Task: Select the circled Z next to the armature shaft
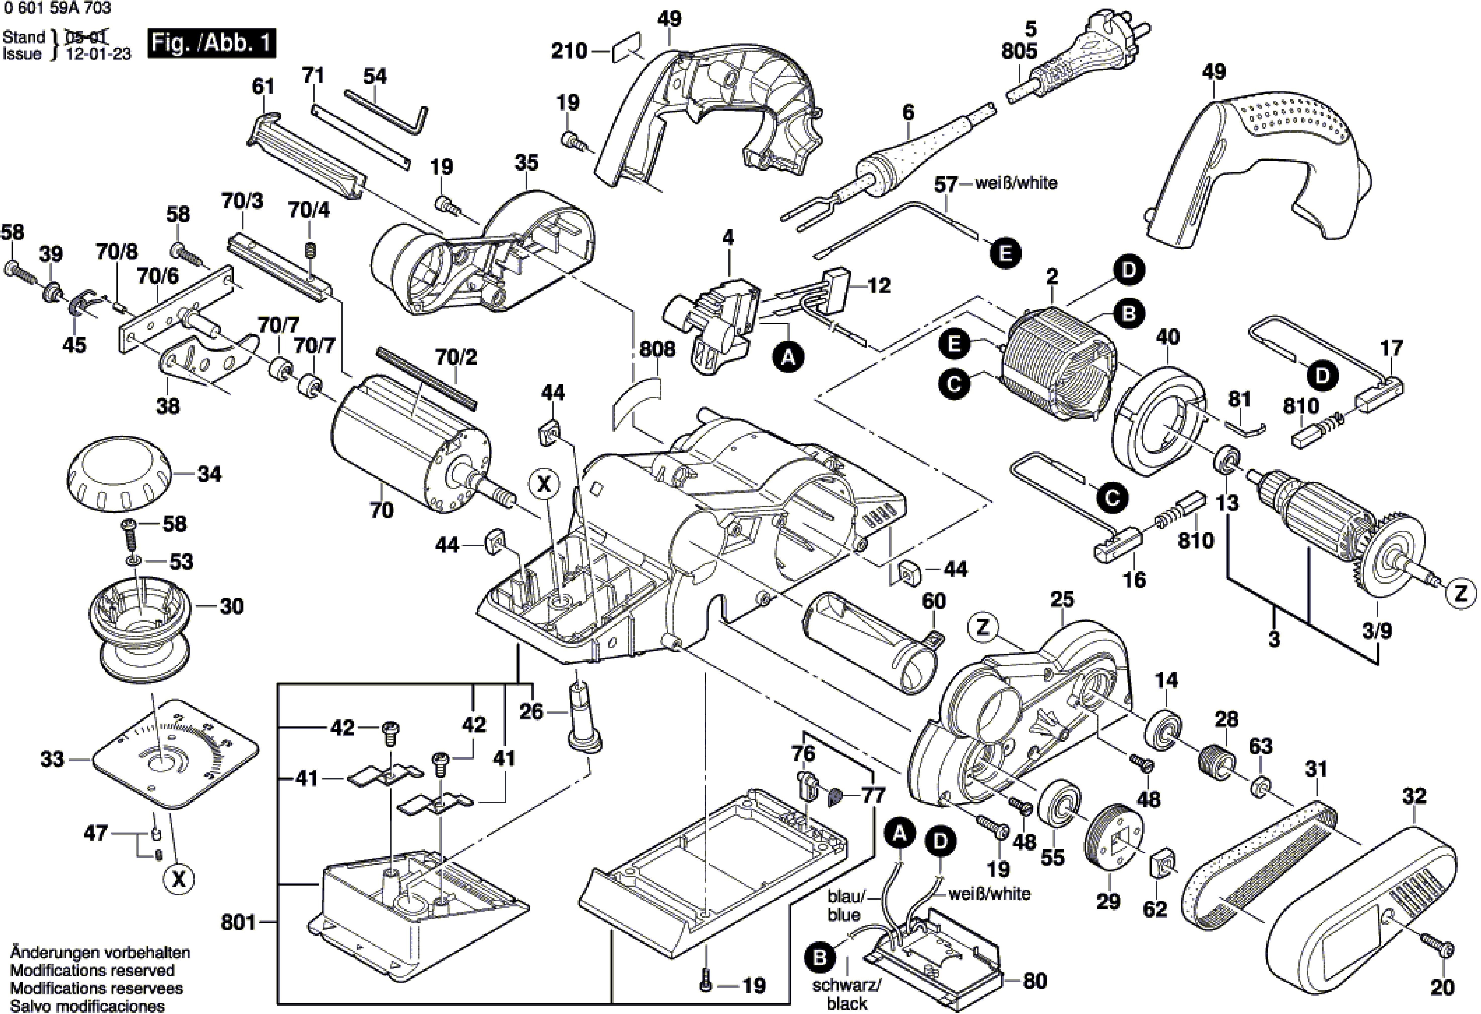(1461, 594)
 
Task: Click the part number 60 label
(934, 601)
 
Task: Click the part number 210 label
(569, 50)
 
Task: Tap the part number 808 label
(657, 349)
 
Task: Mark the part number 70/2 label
(456, 357)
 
